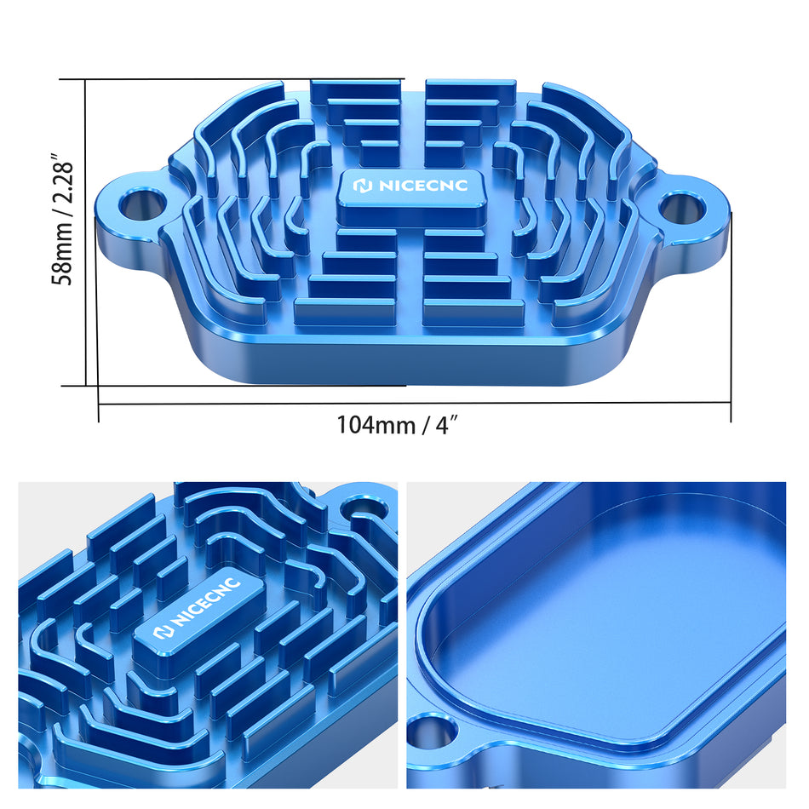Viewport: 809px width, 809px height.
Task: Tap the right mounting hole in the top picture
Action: click(679, 206)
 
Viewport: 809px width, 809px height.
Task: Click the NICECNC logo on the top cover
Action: click(411, 186)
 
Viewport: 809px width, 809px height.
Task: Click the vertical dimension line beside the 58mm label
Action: click(86, 232)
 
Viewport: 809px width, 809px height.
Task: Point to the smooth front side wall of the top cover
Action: click(409, 366)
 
